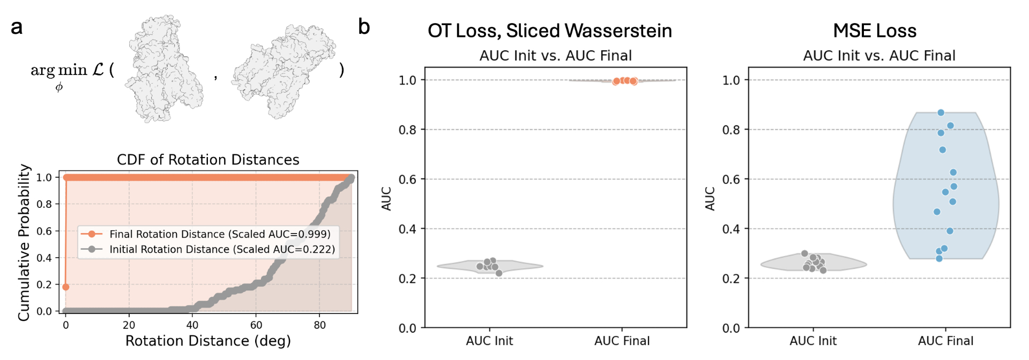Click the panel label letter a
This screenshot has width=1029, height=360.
pos(17,27)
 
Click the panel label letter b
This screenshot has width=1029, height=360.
pos(364,27)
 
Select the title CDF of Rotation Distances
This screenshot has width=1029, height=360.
pos(208,160)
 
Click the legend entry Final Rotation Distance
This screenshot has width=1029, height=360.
pos(220,234)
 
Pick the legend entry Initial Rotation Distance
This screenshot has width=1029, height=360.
pos(222,249)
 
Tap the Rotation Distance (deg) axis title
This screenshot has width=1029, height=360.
pos(208,341)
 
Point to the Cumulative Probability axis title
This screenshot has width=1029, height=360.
pos(24,242)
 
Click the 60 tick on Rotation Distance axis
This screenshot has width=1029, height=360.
pos(256,325)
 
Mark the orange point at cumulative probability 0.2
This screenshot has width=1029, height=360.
pos(66,287)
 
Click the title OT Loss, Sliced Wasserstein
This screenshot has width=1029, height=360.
pos(549,31)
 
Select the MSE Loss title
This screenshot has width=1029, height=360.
pos(875,31)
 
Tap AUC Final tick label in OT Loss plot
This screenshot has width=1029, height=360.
pos(622,341)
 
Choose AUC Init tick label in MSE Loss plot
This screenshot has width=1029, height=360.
pos(813,341)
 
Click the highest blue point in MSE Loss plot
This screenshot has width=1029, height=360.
pos(941,112)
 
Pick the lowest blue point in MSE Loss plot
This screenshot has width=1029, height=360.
pos(939,259)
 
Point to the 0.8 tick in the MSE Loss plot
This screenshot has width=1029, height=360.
pos(731,130)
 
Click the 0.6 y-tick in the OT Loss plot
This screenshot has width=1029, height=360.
pos(407,179)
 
